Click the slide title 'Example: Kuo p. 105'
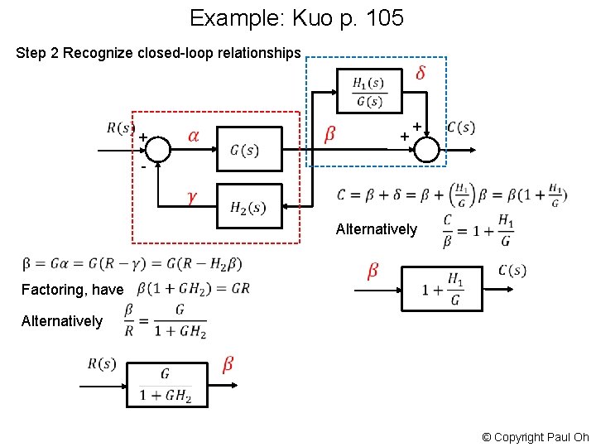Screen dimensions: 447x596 [x=296, y=17]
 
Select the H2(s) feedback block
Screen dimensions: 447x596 [x=249, y=206]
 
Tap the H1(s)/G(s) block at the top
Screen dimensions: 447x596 [x=368, y=91]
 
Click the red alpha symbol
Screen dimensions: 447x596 [x=192, y=135]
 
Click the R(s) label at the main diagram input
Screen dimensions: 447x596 [x=121, y=127]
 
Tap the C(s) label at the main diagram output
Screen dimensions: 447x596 [x=460, y=127]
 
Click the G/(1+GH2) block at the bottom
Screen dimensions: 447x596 [x=166, y=386]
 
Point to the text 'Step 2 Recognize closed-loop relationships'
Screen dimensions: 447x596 [x=158, y=53]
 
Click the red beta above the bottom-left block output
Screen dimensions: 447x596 [x=228, y=364]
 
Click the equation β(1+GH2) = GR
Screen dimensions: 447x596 [x=192, y=289]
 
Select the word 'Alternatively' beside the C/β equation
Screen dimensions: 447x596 [x=376, y=229]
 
